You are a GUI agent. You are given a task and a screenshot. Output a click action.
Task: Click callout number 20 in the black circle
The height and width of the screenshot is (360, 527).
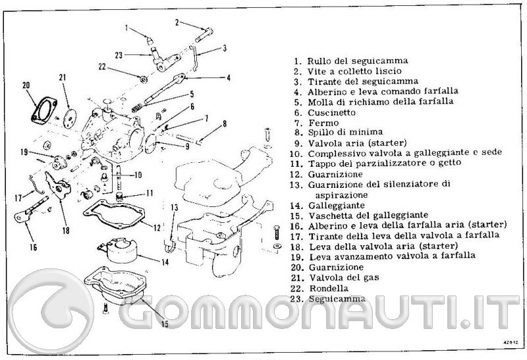pos(27,85)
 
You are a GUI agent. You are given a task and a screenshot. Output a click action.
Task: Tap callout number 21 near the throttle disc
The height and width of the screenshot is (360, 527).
pos(63,78)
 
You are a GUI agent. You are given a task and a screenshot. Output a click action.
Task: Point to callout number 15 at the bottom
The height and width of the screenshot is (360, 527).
pos(165,324)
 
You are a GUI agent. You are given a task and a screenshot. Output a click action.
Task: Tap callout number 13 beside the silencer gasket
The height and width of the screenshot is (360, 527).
pos(173,208)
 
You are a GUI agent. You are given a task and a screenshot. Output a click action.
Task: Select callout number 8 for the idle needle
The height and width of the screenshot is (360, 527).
pos(224,123)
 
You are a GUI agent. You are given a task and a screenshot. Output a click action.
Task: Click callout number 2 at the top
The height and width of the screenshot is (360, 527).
pos(177,22)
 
